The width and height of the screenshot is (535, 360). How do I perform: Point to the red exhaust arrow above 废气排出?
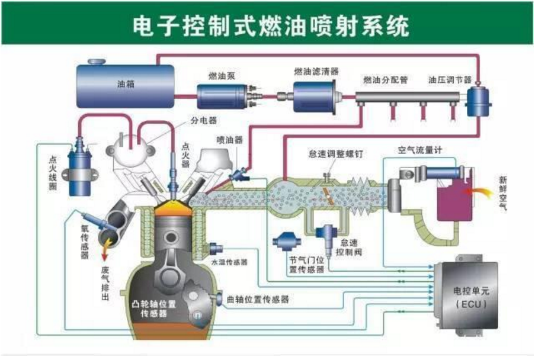[x=105, y=253]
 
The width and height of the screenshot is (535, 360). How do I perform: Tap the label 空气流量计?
[x=421, y=150]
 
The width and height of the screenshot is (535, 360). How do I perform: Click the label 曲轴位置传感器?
[x=260, y=300]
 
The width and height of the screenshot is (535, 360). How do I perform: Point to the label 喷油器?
[x=230, y=141]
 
